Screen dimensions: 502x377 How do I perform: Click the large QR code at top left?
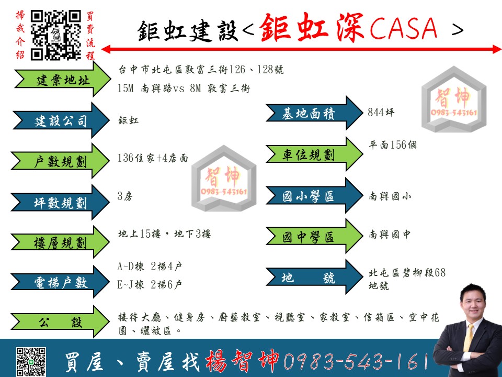tap(56, 35)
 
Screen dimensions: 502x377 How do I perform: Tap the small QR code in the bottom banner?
tap(31, 362)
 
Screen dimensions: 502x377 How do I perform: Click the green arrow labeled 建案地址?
tap(63, 79)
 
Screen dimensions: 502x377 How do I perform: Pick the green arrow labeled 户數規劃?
tap(61, 161)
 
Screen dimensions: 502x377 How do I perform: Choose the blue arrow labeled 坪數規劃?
tap(61, 202)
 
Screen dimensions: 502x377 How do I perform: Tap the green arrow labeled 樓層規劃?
tap(61, 242)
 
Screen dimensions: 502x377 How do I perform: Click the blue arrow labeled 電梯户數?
tap(61, 282)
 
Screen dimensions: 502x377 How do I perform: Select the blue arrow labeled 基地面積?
tap(314, 113)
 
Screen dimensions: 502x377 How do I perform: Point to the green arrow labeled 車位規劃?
tap(314, 154)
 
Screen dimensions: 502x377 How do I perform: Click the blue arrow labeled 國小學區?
tap(314, 195)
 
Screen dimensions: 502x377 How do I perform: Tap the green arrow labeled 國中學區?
tap(314, 236)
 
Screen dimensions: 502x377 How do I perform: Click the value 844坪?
tap(381, 112)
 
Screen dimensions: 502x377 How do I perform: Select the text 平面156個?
tap(393, 145)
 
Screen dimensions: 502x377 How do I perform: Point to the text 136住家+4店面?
tap(153, 158)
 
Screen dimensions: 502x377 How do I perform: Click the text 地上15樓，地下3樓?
tap(164, 234)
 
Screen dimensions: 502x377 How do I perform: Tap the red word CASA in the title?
tap(403, 28)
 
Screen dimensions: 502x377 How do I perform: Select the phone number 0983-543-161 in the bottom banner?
tap(356, 361)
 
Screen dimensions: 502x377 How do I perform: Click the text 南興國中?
tap(390, 235)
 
